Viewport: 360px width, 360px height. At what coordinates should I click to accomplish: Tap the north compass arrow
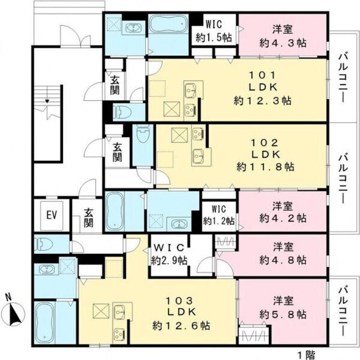tap(15, 311)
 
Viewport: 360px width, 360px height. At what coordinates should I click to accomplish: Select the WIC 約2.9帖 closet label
tap(169, 255)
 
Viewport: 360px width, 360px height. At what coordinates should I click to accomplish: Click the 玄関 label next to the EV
tap(89, 218)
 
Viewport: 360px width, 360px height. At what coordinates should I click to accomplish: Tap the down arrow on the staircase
tap(48, 100)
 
